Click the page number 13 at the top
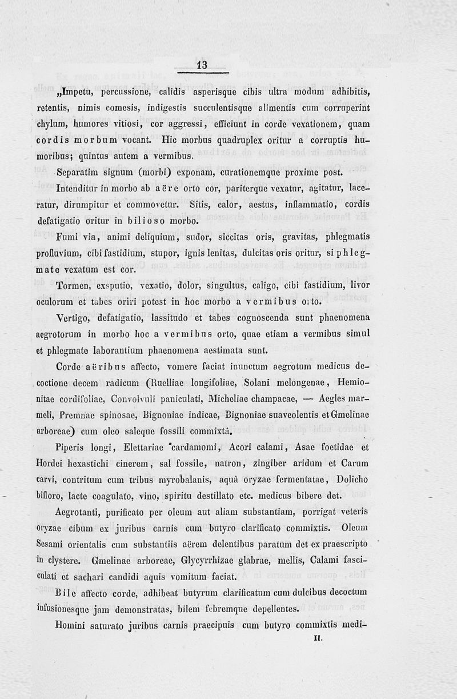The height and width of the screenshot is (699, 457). click(x=202, y=65)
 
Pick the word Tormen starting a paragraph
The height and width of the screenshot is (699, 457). click(x=74, y=284)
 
